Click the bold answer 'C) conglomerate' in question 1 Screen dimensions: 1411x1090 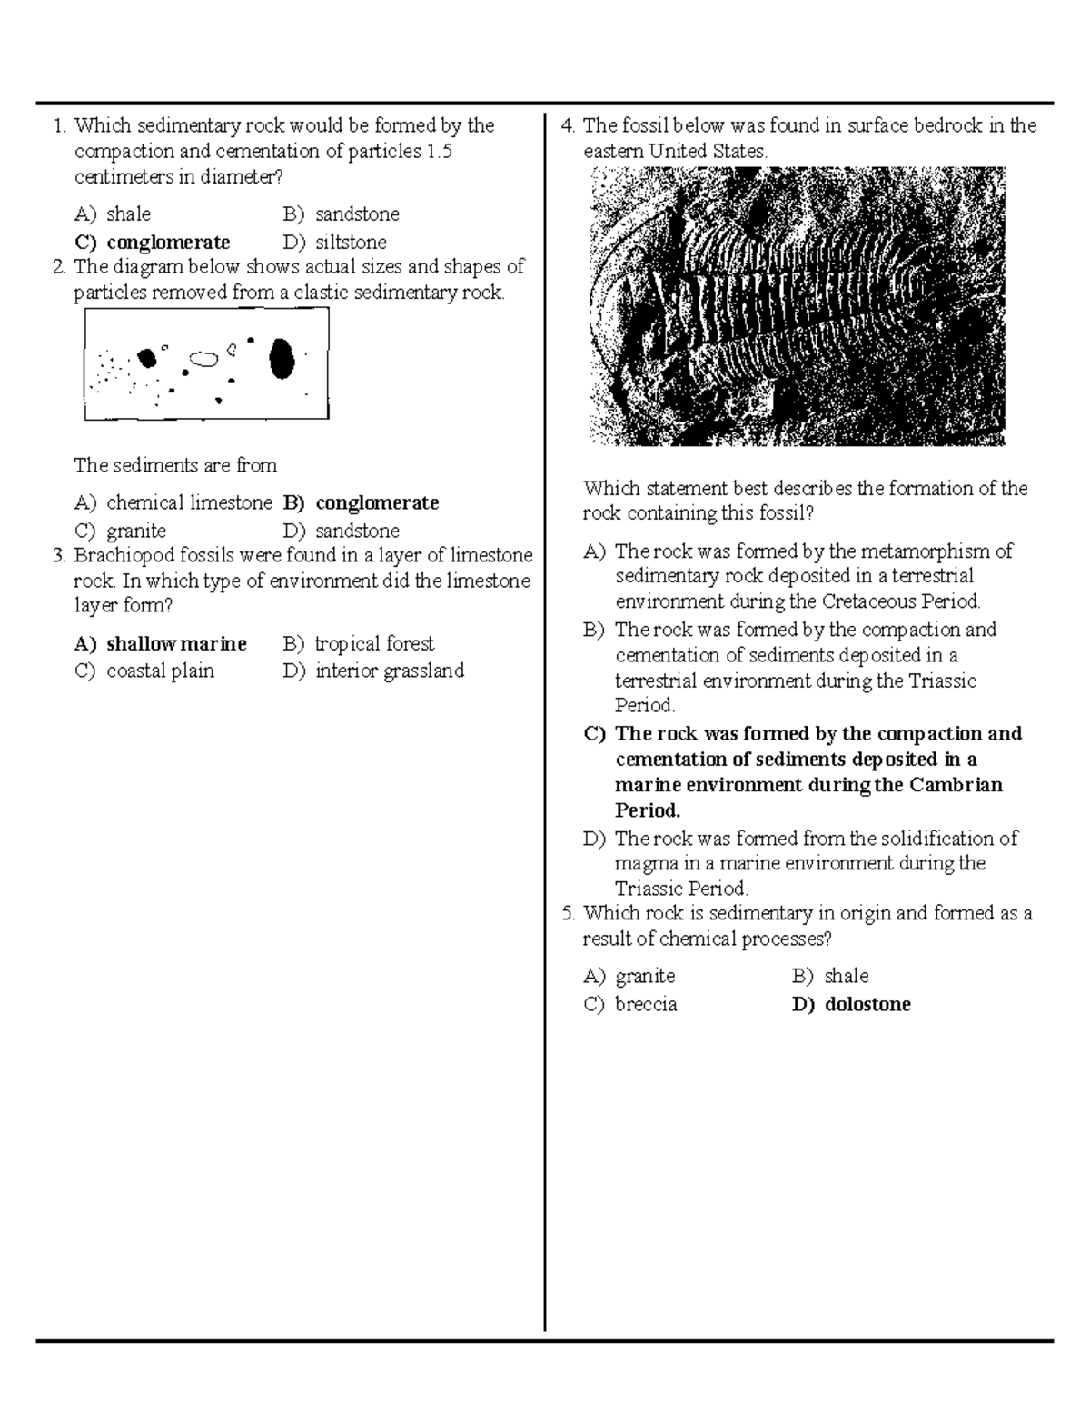click(153, 242)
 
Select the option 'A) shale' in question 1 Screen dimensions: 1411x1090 click(113, 214)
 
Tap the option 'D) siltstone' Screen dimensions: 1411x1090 click(335, 242)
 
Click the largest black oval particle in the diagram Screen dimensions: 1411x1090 click(282, 359)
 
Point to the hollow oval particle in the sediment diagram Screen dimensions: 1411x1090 click(204, 358)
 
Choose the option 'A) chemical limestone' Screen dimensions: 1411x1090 click(173, 502)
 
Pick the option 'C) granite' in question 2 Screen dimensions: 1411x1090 click(121, 531)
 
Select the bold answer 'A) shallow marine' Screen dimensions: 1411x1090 click(161, 643)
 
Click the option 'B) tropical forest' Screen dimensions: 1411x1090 click(359, 643)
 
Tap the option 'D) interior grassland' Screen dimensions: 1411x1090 click(373, 671)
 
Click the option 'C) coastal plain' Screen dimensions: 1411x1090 click(144, 671)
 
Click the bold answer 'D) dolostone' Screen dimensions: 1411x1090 click(851, 1004)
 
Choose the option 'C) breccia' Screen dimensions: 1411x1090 click(630, 1004)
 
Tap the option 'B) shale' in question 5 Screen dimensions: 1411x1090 click(830, 976)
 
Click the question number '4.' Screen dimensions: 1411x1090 click(569, 125)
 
